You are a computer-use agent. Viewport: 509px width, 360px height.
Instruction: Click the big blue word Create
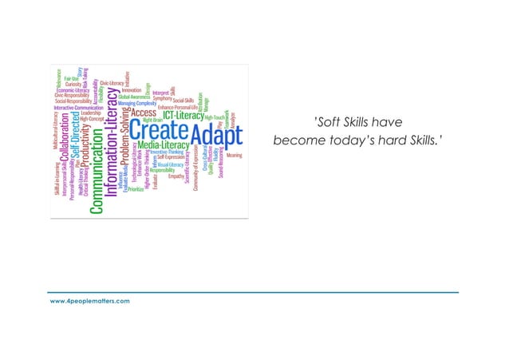click(x=160, y=129)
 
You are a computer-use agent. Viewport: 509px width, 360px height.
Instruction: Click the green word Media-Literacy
click(x=163, y=146)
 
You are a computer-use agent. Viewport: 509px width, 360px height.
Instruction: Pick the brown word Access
click(x=144, y=113)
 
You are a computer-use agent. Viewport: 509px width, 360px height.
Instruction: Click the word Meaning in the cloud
click(x=234, y=156)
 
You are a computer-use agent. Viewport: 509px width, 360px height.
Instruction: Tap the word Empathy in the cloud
click(x=176, y=176)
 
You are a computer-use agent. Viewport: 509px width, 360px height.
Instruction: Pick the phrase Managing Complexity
click(x=137, y=103)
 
